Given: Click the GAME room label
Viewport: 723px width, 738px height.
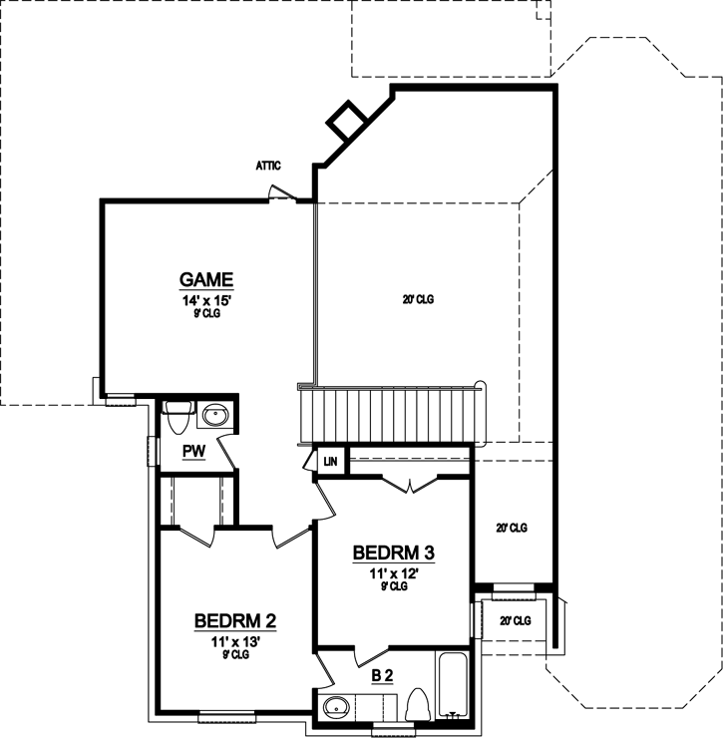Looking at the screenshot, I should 206,278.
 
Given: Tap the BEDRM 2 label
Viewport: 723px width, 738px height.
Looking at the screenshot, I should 235,621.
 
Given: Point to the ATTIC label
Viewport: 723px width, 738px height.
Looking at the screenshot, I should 268,166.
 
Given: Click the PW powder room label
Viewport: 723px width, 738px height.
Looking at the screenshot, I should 193,452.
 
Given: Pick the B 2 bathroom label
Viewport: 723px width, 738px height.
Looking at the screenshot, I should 383,676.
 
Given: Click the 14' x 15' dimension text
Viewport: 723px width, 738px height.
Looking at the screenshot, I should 206,298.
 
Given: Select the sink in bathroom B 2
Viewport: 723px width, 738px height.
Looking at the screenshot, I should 337,708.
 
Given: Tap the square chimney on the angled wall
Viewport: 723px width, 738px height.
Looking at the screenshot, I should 347,121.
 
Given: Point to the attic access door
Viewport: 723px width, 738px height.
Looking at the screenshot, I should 284,193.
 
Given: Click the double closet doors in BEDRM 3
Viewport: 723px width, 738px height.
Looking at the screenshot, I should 410,485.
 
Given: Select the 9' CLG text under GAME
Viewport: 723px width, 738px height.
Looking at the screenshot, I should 206,312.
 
